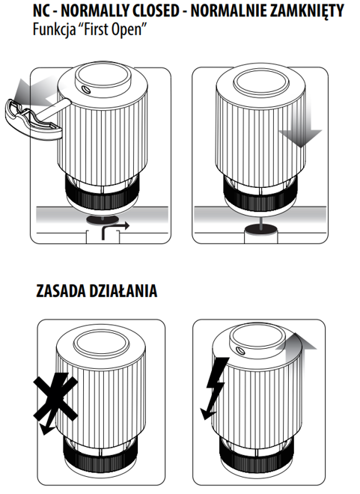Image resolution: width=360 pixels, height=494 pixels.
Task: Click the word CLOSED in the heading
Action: (156, 10)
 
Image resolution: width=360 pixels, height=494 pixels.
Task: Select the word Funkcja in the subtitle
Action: (54, 30)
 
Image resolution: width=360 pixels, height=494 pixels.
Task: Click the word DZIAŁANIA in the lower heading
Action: (123, 290)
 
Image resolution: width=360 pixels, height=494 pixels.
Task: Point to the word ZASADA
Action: (61, 291)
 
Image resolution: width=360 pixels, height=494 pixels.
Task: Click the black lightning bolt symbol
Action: (214, 388)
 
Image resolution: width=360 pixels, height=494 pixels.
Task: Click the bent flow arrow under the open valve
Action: (110, 228)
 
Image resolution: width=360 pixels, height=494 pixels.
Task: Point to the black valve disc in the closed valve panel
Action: (262, 229)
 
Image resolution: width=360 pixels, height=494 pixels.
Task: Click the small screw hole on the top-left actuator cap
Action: (86, 91)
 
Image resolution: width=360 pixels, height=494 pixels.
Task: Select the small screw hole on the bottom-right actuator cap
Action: (242, 350)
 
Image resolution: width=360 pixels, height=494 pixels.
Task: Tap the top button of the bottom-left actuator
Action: (102, 343)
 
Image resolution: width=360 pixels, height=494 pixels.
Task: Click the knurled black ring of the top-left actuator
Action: (102, 197)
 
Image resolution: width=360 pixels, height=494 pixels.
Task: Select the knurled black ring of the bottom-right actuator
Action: (257, 456)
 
